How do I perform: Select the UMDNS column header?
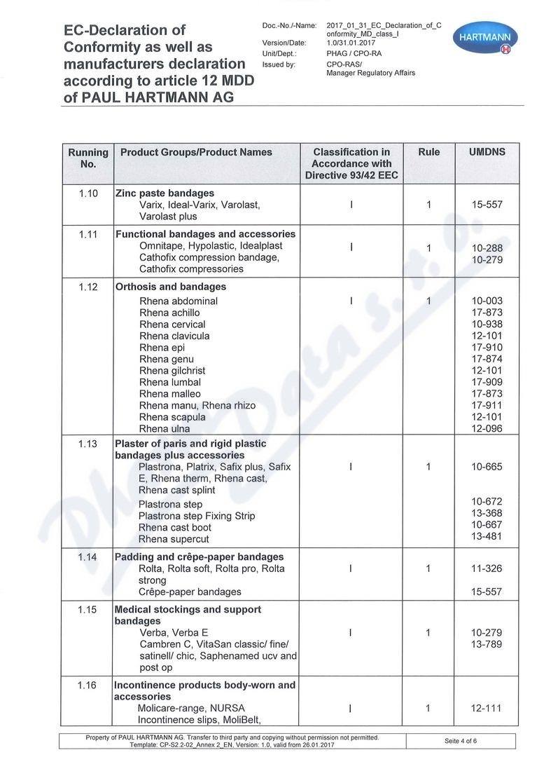[487, 152]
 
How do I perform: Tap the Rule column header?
[428, 152]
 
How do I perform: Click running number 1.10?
[88, 193]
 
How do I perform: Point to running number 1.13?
[88, 444]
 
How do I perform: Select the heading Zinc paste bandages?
[165, 193]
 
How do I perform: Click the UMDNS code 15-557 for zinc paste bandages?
[487, 205]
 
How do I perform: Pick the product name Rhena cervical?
[172, 325]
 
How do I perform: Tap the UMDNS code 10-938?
[487, 325]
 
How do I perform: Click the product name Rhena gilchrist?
[172, 371]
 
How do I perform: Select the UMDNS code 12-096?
[487, 429]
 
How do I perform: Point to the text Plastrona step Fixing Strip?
[196, 516]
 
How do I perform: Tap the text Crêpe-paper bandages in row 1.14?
[190, 592]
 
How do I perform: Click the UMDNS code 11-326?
[487, 568]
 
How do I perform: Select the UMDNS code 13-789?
[487, 644]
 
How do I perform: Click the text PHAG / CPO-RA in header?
[354, 53]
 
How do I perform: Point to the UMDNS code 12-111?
[487, 709]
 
